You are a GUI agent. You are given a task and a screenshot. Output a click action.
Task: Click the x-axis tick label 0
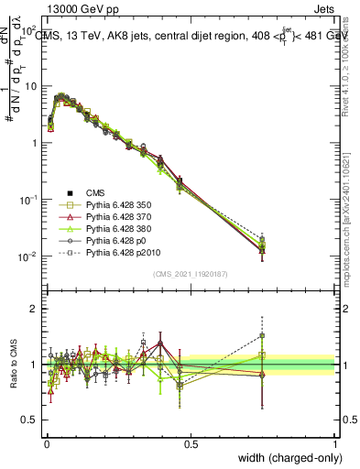[x=46, y=444]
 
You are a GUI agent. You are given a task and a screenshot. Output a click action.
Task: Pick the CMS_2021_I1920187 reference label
[x=191, y=274]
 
